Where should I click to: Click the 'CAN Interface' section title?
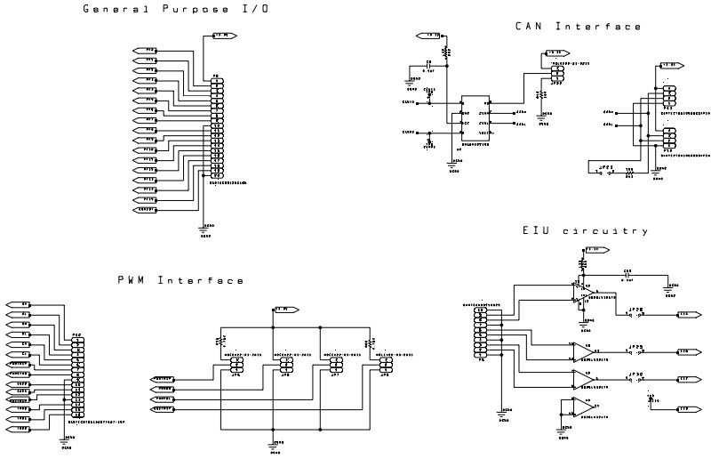[578, 27]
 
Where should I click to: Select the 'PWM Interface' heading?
[180, 280]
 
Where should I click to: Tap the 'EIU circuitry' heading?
[584, 231]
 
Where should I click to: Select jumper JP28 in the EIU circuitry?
[635, 314]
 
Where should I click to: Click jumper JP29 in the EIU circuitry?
[635, 351]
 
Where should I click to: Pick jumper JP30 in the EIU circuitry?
[635, 379]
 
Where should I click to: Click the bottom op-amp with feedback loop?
[580, 407]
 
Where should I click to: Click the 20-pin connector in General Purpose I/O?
[215, 129]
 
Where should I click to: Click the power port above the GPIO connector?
[222, 36]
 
